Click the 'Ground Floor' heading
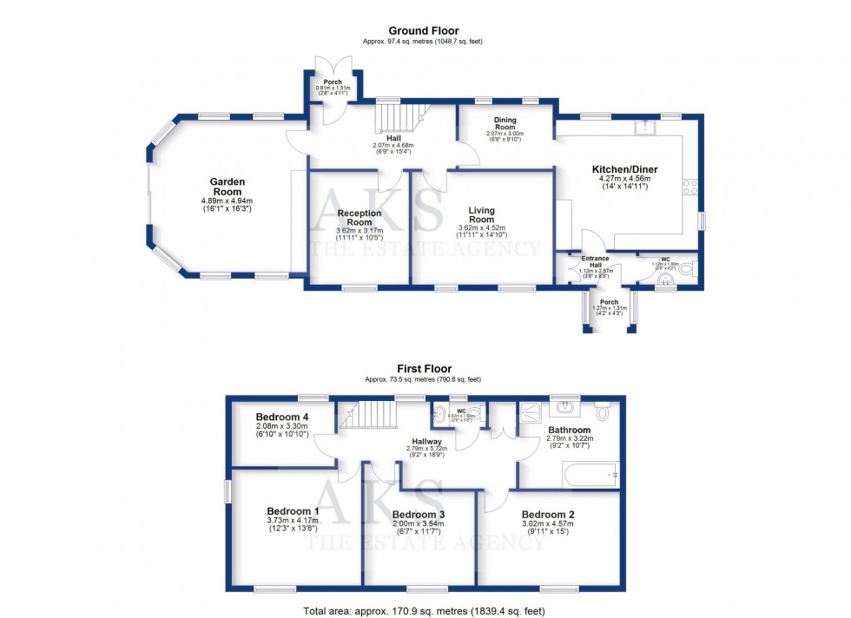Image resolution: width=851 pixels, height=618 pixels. click(424, 30)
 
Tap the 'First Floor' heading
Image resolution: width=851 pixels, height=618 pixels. click(424, 369)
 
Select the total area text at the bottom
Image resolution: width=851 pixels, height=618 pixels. click(424, 610)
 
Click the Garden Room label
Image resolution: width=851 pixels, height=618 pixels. click(228, 187)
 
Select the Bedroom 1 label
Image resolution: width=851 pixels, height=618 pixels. click(292, 511)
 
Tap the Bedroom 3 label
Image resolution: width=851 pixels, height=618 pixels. click(419, 514)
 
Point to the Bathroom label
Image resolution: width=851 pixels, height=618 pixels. click(569, 430)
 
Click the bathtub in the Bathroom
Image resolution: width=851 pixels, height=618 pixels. click(590, 475)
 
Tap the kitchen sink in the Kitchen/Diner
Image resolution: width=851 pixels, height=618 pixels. click(644, 128)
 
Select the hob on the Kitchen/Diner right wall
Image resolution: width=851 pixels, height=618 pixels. click(691, 186)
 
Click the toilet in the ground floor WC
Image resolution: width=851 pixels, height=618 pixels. click(688, 270)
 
